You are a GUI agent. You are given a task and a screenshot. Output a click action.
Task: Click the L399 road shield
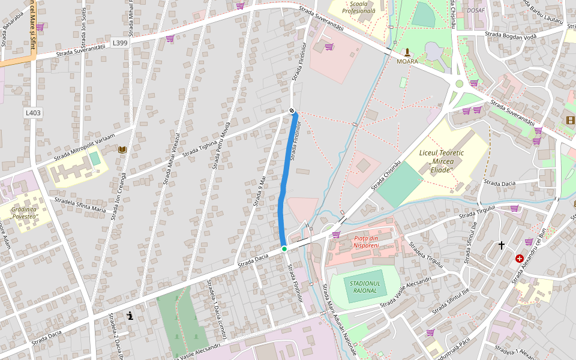(119, 43)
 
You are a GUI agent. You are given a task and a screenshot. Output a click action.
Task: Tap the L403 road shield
(33, 113)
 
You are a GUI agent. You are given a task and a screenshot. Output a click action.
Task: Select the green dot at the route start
(284, 248)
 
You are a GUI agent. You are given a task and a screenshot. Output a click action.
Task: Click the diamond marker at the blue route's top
(292, 110)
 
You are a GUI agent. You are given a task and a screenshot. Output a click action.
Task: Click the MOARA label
(407, 61)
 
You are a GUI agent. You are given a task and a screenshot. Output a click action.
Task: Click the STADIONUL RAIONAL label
(365, 287)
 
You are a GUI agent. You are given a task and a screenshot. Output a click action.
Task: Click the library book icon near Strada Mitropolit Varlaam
(122, 149)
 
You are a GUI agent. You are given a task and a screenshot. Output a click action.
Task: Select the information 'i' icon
(130, 316)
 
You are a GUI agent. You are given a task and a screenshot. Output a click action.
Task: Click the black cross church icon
(502, 245)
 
